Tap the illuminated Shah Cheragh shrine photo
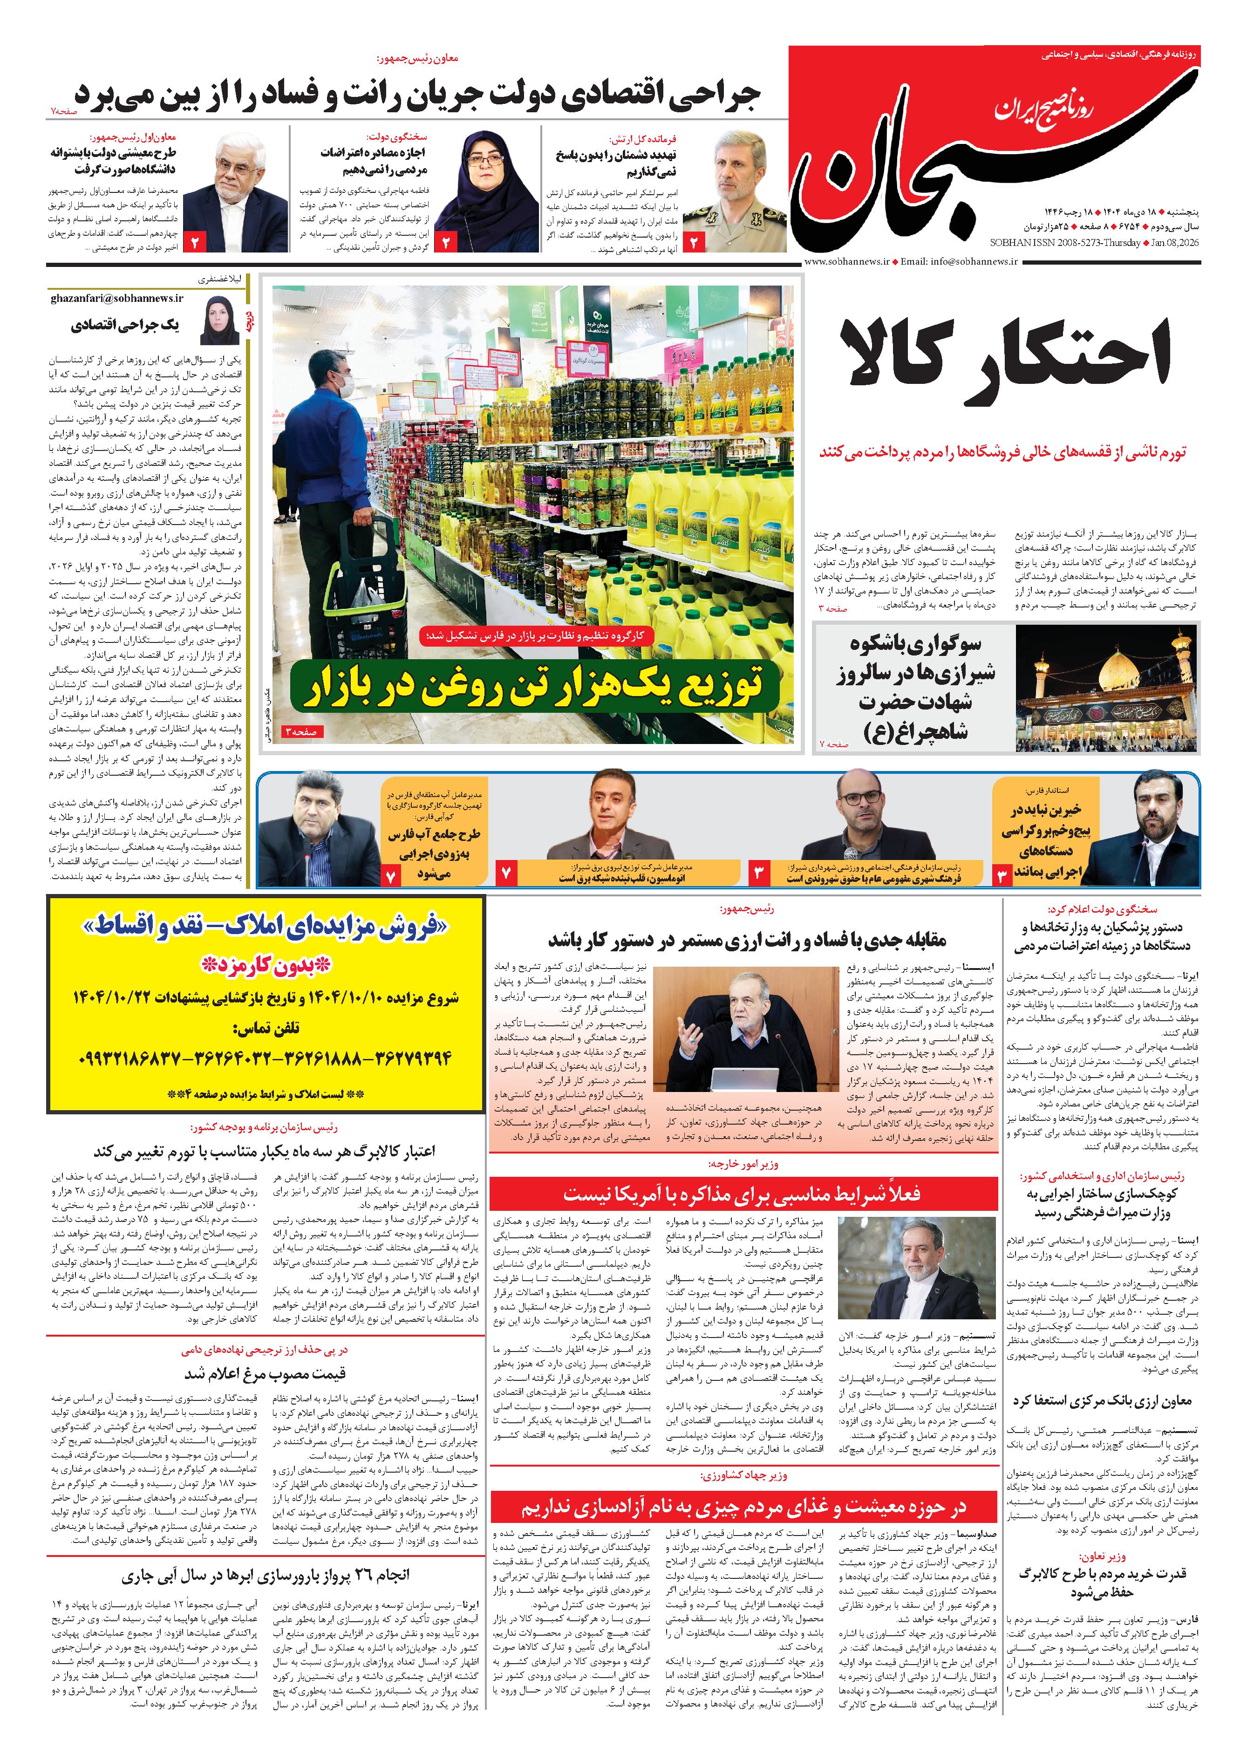[x=1106, y=687]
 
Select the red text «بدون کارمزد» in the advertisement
[x=266, y=965]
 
